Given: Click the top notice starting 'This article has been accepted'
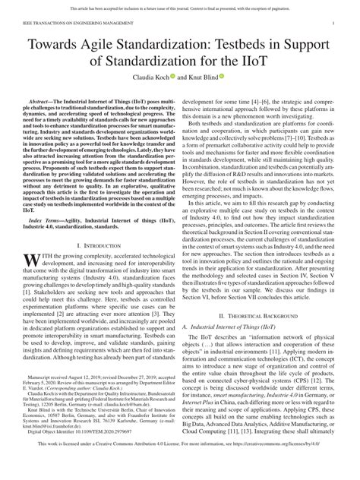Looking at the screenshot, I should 179,5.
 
